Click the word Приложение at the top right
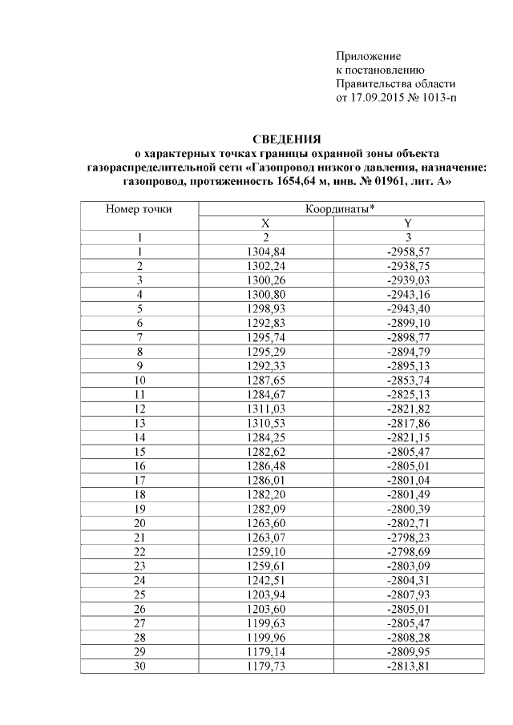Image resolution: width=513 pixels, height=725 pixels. pyautogui.click(x=367, y=57)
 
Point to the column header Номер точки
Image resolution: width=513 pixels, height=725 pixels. pyautogui.click(x=139, y=209)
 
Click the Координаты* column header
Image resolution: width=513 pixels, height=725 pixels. pyautogui.click(x=340, y=209)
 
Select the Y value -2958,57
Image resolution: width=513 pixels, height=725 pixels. pyautogui.click(x=408, y=252)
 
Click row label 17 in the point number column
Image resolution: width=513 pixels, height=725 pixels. pyautogui.click(x=139, y=477)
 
